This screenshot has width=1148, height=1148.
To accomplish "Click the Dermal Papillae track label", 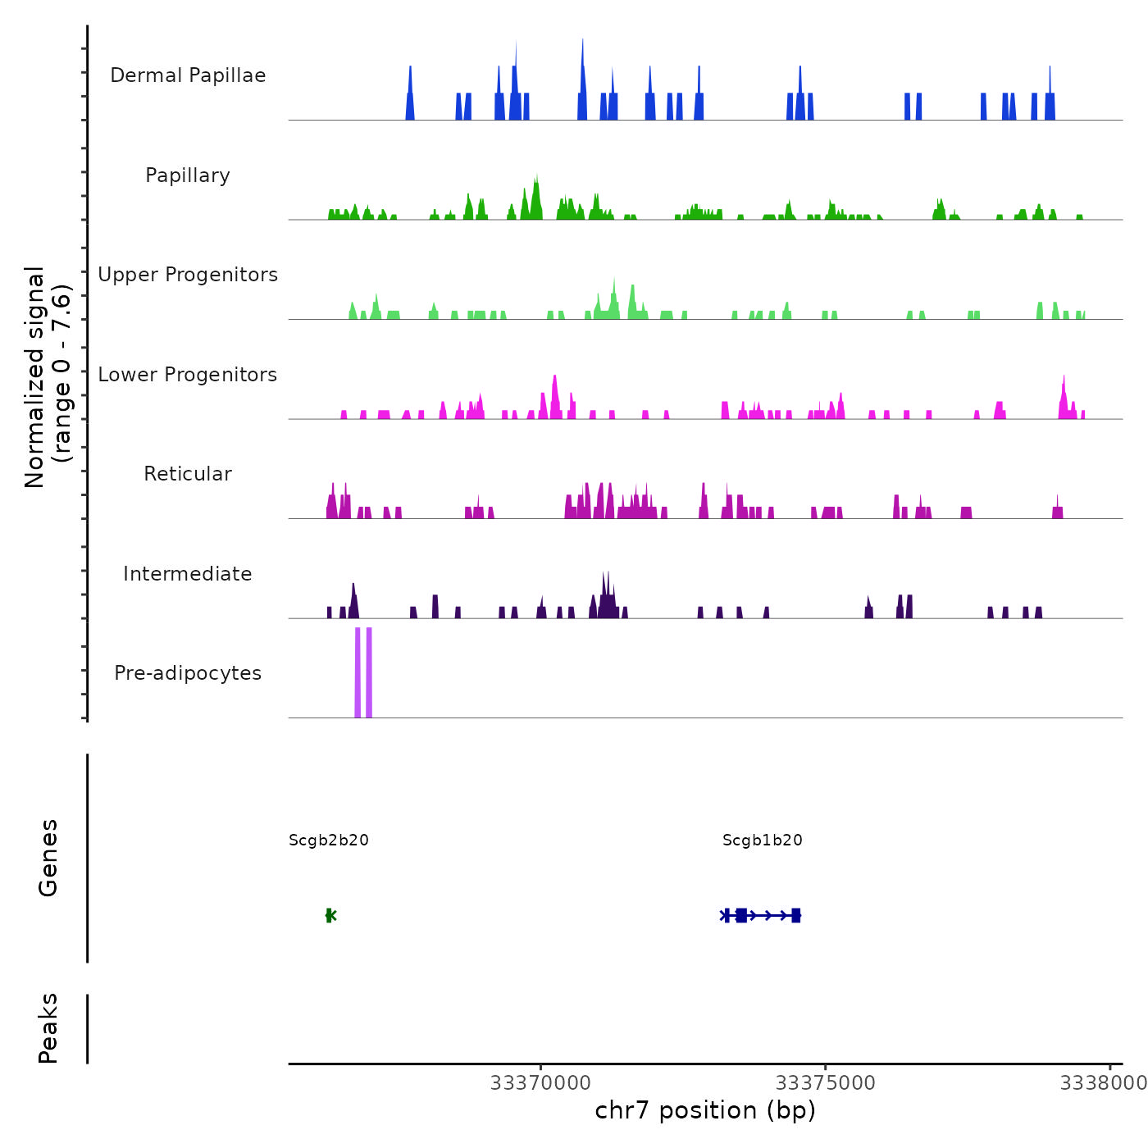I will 188,75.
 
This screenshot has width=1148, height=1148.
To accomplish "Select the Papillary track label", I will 188,175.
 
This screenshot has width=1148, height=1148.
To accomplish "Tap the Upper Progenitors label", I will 188,275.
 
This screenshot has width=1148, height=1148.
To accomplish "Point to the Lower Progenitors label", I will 188,375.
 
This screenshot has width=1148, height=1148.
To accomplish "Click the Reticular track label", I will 188,474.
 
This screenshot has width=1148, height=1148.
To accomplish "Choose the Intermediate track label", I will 188,574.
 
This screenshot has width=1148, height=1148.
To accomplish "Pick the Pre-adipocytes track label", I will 188,673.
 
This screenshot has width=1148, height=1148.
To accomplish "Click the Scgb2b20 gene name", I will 329,840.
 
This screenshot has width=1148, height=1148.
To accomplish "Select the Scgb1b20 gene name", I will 763,840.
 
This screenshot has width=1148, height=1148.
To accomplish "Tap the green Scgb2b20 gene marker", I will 330,915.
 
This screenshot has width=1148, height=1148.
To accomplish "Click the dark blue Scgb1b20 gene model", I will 760,915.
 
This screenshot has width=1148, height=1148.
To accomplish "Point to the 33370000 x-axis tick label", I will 540,1083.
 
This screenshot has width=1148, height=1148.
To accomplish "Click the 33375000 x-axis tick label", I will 826,1083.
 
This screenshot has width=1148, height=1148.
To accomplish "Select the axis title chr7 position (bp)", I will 705,1110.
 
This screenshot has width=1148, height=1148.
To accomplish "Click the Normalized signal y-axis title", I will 48,376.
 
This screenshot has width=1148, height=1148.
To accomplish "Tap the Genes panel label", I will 48,858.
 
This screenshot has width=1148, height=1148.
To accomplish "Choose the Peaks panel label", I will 48,1028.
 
